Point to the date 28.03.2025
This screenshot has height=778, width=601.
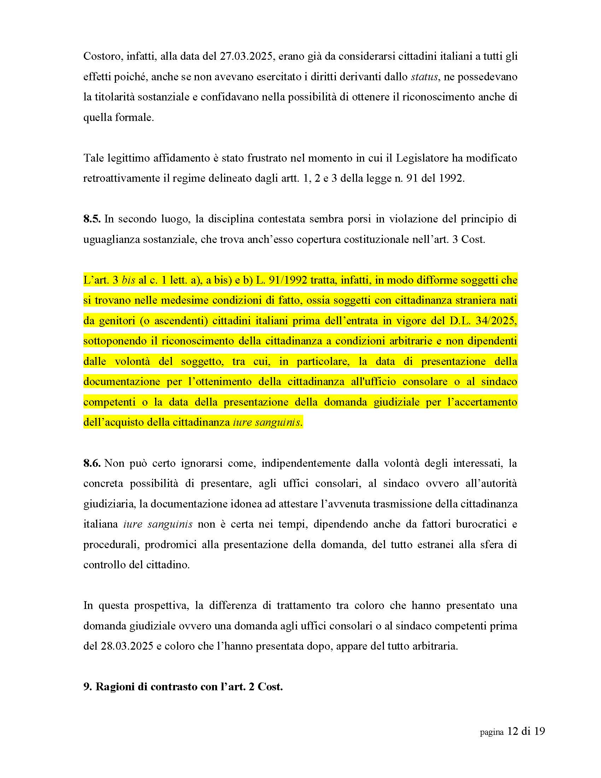tap(123, 646)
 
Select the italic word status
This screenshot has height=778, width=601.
tap(424, 77)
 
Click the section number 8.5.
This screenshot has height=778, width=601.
tap(92, 219)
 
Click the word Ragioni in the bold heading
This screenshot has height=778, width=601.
tap(115, 686)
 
